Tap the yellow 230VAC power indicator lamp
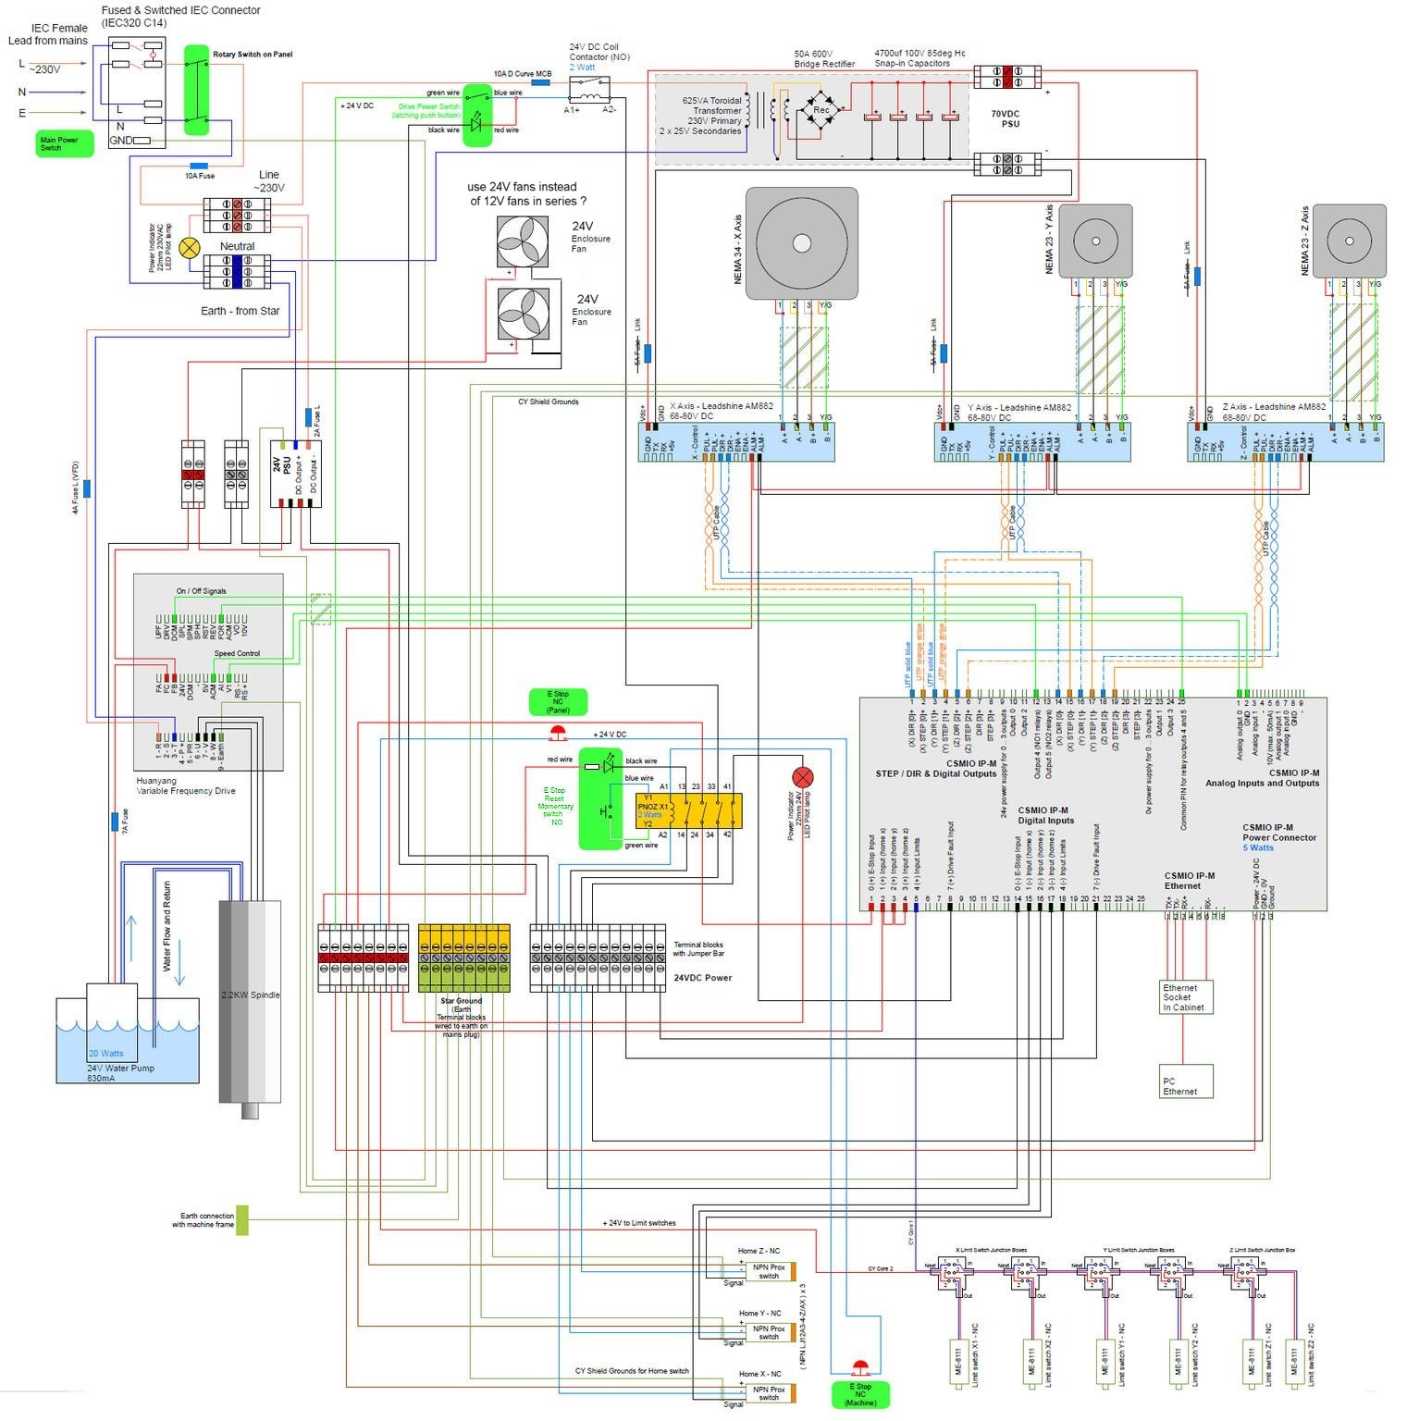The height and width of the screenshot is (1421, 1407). [x=190, y=248]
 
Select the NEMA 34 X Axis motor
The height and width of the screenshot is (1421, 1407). [x=801, y=243]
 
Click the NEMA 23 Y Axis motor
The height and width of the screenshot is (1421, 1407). [x=1095, y=241]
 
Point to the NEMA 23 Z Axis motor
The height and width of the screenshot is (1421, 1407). [x=1350, y=241]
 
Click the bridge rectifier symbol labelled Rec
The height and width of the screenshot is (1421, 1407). [x=821, y=110]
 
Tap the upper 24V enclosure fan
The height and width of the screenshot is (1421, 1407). [x=523, y=242]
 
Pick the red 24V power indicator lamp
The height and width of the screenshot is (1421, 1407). [x=803, y=776]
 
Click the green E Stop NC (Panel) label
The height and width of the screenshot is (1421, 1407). [x=558, y=702]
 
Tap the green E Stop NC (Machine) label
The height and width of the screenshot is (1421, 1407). [x=859, y=1394]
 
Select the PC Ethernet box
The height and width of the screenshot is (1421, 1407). [x=1186, y=1081]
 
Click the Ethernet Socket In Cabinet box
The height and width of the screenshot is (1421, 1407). [x=1186, y=997]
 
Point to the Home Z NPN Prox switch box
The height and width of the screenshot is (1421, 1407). [x=769, y=1272]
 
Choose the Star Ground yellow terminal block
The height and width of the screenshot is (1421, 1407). [x=463, y=958]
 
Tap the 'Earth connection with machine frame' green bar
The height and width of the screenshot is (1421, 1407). [x=242, y=1220]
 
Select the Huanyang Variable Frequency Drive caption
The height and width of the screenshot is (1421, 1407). [x=186, y=786]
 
